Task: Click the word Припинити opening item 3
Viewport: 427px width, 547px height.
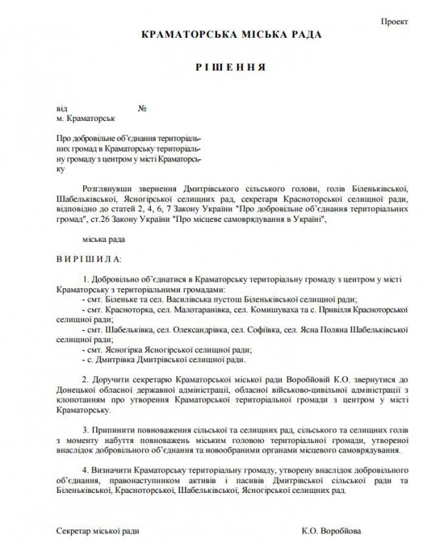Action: point(117,430)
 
